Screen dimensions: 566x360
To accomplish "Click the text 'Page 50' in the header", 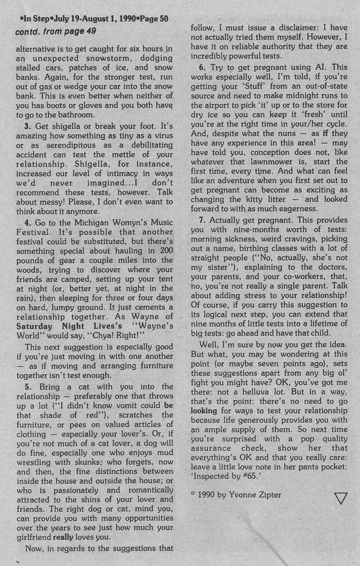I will (x=153, y=20).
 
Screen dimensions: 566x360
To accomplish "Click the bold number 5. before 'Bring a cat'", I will (x=28, y=387).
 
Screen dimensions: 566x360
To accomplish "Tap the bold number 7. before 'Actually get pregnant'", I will (x=201, y=234).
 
